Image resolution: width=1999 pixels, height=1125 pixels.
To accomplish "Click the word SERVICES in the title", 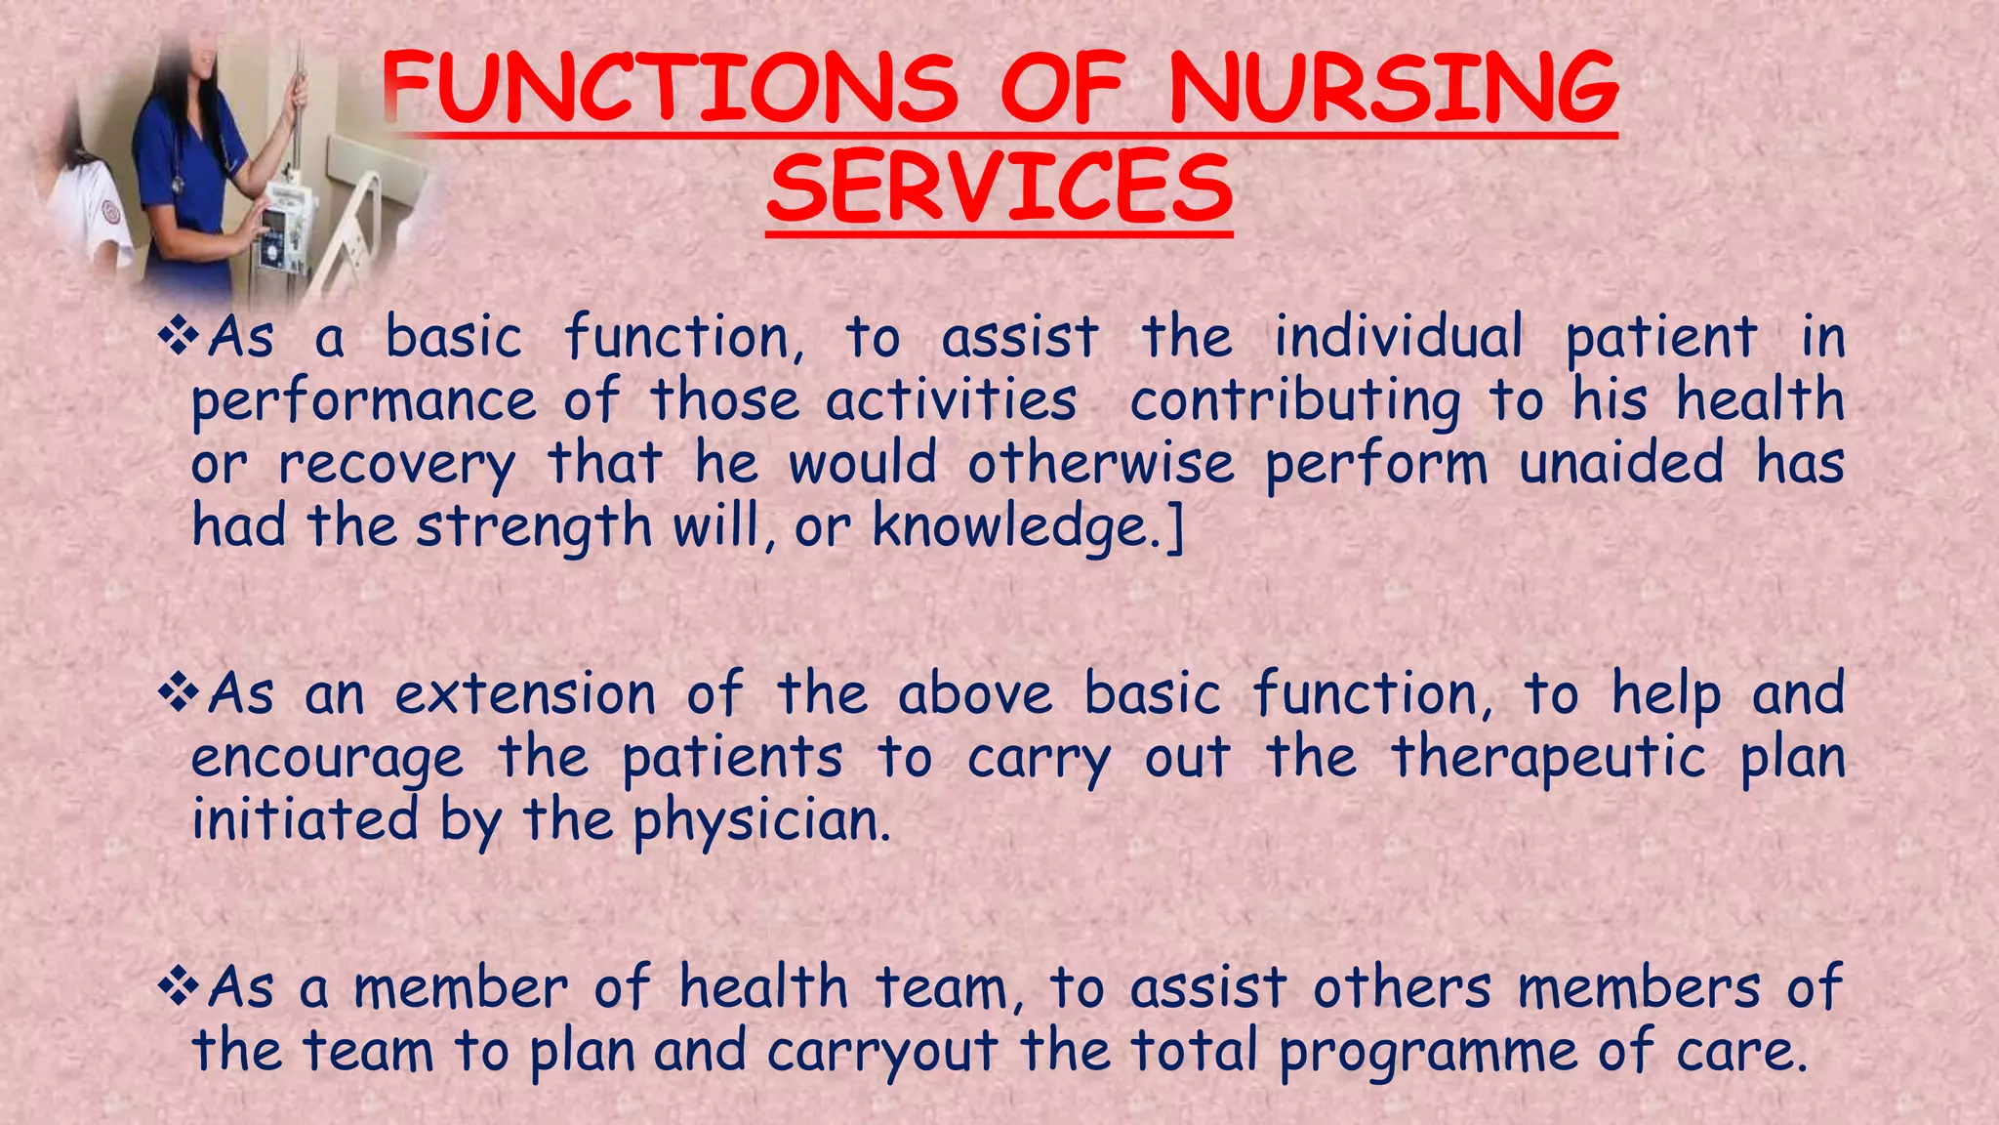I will pos(999,187).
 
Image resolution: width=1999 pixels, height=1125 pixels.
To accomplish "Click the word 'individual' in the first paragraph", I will pos(1398,338).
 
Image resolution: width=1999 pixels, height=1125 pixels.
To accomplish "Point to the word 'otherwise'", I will pos(1100,463).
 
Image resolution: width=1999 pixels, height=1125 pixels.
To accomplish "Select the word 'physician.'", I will pos(761,821).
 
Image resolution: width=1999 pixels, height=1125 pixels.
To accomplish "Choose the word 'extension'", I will pos(525,695).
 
